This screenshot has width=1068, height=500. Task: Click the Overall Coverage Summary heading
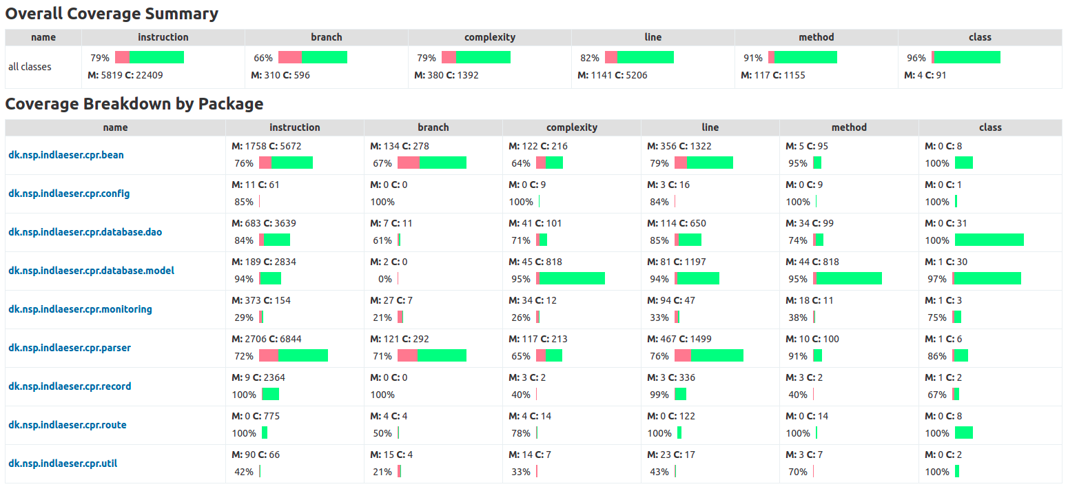112,14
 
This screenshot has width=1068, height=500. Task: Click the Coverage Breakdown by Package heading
134,104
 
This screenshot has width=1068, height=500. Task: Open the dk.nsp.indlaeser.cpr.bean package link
66,155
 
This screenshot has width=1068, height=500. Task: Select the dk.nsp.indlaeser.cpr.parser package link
70,348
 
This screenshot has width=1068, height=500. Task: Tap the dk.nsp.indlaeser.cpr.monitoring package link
80,309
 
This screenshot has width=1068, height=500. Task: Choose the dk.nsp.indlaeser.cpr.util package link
63,463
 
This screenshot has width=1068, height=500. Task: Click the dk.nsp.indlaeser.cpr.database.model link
92,271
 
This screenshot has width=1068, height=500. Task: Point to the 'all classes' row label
30,67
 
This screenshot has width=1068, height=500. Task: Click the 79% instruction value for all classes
100,58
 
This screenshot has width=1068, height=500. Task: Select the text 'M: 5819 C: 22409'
125,75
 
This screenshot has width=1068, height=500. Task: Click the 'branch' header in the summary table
327,37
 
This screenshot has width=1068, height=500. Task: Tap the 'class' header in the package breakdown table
990,127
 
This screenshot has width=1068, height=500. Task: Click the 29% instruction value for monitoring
244,317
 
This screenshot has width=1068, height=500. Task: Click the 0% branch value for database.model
385,279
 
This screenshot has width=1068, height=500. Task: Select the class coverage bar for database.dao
989,240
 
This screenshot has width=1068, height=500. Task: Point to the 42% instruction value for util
244,472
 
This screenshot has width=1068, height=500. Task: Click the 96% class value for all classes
916,58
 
